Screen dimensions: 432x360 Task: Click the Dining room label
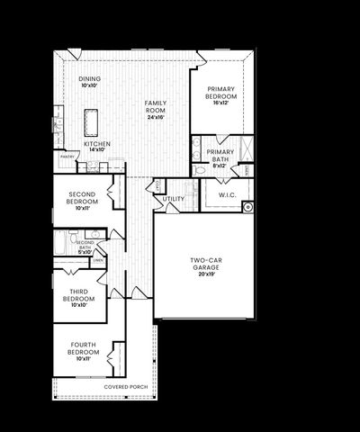tap(89, 79)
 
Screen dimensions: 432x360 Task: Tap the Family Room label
tap(157, 103)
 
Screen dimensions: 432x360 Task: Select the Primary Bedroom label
tap(220, 92)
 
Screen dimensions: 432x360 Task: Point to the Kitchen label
tap(97, 144)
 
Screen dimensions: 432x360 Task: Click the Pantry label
tap(67, 156)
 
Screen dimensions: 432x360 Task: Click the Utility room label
tap(174, 199)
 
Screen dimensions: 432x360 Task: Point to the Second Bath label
tap(85, 243)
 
